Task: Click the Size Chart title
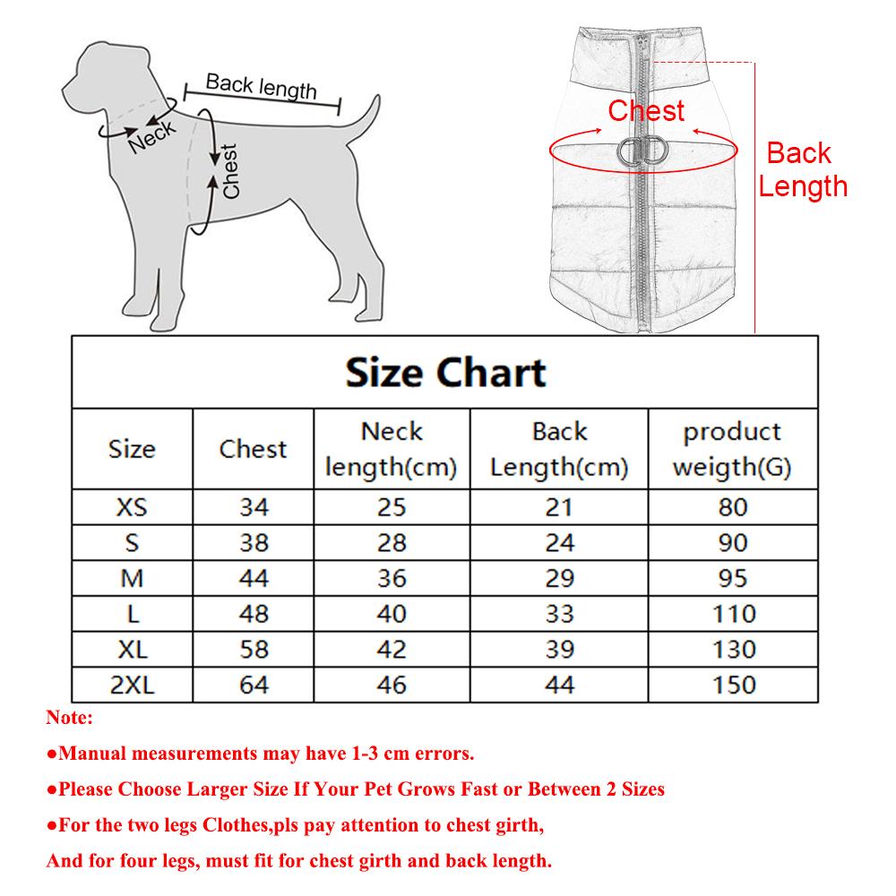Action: click(445, 372)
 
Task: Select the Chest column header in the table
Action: click(253, 449)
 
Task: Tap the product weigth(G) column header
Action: click(732, 449)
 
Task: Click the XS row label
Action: click(132, 507)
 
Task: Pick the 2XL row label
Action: click(132, 685)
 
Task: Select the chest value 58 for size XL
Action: click(254, 650)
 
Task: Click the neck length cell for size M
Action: click(392, 579)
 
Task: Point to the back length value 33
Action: click(559, 615)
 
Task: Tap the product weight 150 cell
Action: click(732, 685)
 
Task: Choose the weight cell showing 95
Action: click(732, 579)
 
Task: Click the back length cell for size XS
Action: click(559, 507)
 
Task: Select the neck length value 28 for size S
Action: click(392, 543)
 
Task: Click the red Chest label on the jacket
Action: click(646, 111)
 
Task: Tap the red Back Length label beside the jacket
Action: click(802, 169)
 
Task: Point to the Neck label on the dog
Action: click(152, 137)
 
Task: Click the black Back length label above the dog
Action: click(261, 86)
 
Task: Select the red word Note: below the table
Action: click(69, 718)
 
